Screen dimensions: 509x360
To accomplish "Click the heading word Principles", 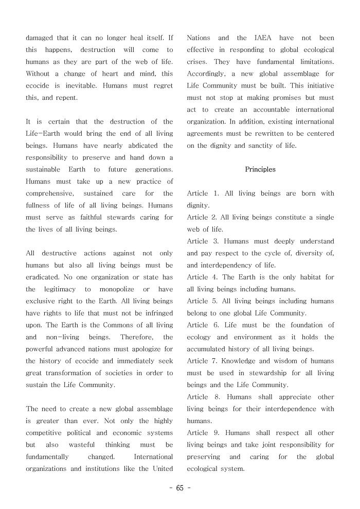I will [260, 169].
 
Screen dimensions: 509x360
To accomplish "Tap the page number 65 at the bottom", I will [179, 488].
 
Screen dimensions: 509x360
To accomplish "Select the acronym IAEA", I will [264, 38].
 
